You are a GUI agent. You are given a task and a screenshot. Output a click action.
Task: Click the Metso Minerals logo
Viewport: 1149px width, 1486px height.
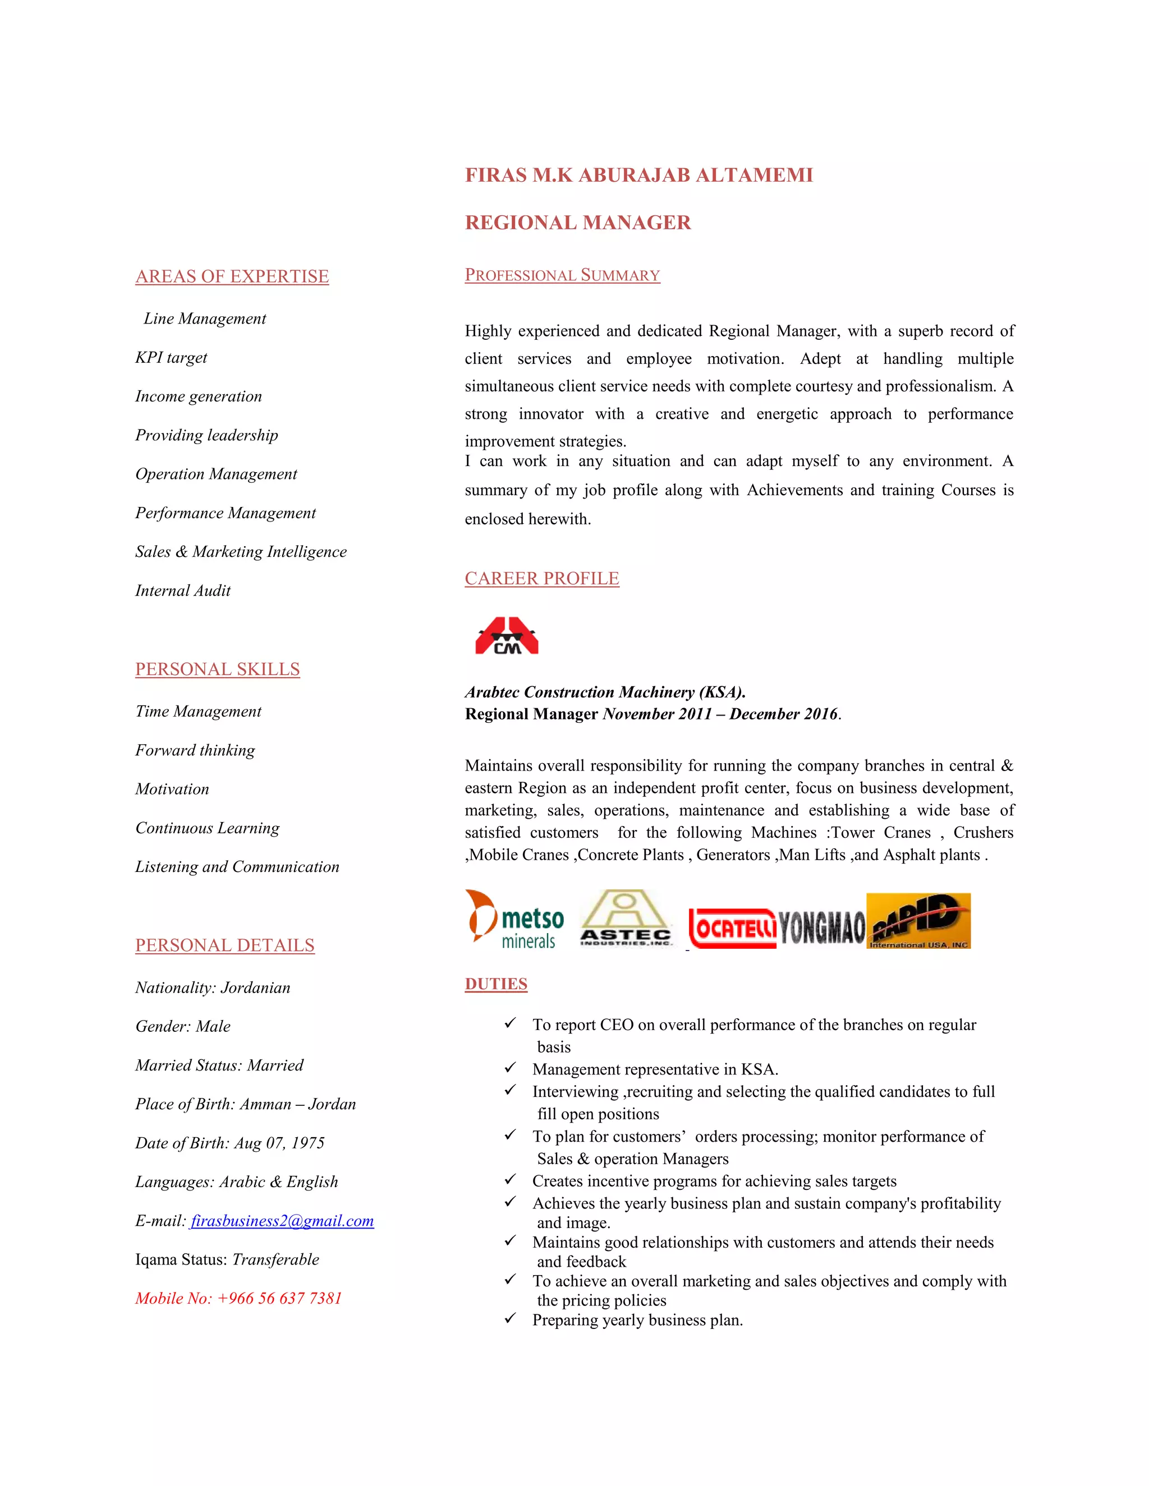point(515,920)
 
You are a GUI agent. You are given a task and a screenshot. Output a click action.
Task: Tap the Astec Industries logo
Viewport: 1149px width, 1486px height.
point(626,919)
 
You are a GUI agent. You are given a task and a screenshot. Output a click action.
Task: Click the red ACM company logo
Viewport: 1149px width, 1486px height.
point(507,636)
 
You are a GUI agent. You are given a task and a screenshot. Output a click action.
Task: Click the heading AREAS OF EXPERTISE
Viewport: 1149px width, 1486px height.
point(232,276)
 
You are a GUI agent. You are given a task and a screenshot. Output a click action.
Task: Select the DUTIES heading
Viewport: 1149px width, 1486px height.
point(495,984)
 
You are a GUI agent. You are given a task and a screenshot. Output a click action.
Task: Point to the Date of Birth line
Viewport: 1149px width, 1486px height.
point(230,1143)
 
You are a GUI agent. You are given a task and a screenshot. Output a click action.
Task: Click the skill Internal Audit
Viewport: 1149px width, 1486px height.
point(182,590)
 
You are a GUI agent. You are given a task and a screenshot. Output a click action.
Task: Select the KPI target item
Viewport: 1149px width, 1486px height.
point(171,357)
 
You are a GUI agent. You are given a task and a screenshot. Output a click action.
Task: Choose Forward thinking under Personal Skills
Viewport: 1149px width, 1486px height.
point(195,750)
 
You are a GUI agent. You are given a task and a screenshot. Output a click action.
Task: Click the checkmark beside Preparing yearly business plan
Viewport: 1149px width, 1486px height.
point(510,1319)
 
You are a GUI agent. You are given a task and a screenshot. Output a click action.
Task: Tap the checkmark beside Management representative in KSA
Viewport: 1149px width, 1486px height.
point(510,1068)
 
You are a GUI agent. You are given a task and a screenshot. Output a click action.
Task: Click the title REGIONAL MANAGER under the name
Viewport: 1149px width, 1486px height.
point(577,223)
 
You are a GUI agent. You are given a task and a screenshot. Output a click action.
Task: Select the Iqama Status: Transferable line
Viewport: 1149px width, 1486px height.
point(227,1259)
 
